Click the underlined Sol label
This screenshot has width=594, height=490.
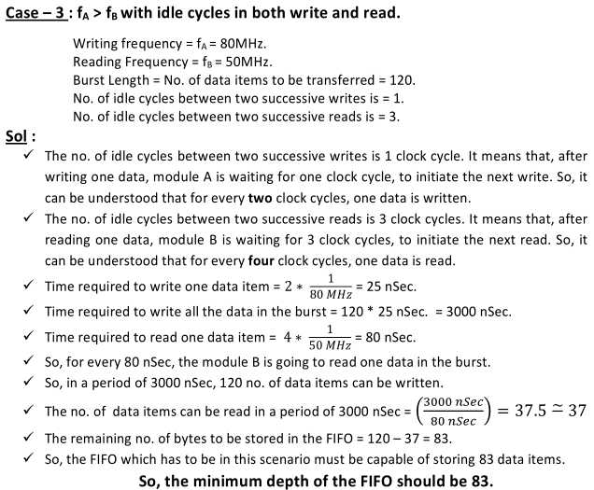click(x=18, y=134)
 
